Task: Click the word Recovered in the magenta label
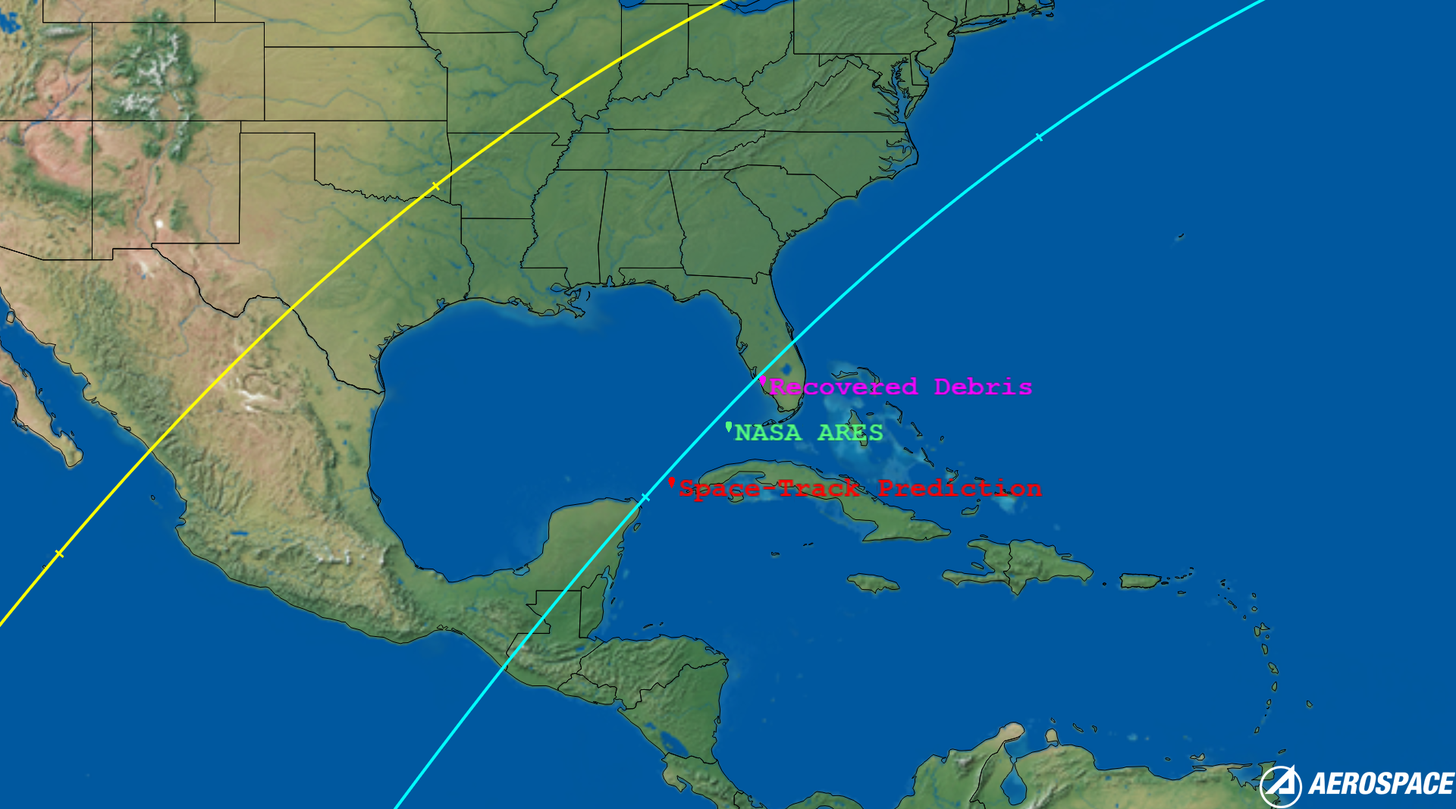pyautogui.click(x=843, y=387)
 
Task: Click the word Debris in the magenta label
pyautogui.click(x=982, y=387)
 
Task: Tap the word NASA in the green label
pyautogui.click(x=767, y=433)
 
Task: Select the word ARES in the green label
pyautogui.click(x=850, y=433)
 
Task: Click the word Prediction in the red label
pyautogui.click(x=959, y=489)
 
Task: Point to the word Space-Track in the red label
pyautogui.click(x=768, y=489)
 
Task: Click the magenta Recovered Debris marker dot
pyautogui.click(x=763, y=381)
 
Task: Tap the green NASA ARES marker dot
pyautogui.click(x=729, y=427)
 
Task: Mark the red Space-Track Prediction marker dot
pyautogui.click(x=671, y=482)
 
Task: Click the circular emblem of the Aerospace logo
pyautogui.click(x=1280, y=786)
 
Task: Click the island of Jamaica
pyautogui.click(x=873, y=583)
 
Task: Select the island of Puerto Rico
pyautogui.click(x=1140, y=581)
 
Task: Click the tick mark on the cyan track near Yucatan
pyautogui.click(x=645, y=498)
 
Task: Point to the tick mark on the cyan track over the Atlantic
pyautogui.click(x=1039, y=137)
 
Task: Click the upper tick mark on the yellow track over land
pyautogui.click(x=435, y=186)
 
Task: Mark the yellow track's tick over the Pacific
pyautogui.click(x=59, y=554)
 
